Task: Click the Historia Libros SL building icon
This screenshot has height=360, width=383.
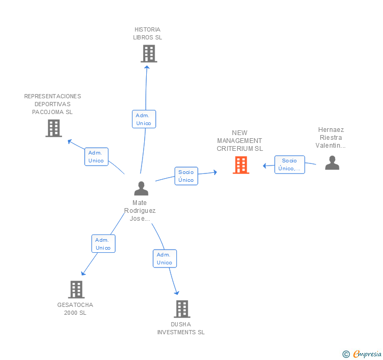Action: tap(149, 54)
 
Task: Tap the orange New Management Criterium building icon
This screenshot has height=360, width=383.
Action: tap(241, 165)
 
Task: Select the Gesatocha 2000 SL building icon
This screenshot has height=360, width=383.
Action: tap(76, 290)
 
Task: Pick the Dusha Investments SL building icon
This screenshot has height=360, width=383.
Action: tap(182, 309)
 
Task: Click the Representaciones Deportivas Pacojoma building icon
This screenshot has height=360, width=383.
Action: tap(54, 128)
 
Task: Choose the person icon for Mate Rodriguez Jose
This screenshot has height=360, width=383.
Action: tap(141, 188)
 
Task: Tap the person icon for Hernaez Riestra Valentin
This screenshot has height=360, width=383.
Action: tap(332, 163)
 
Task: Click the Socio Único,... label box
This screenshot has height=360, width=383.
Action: tap(289, 164)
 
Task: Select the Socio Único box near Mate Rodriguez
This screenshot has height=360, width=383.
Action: tap(186, 176)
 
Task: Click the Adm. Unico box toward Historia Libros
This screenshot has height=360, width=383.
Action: tap(144, 119)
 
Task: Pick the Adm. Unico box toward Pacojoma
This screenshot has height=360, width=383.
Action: tap(96, 157)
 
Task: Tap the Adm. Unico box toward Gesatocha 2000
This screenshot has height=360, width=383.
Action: tap(103, 243)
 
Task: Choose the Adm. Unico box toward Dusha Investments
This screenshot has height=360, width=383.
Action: tap(165, 259)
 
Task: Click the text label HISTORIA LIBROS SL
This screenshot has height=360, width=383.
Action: tap(147, 34)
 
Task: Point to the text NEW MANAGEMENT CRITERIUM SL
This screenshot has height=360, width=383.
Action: tap(239, 141)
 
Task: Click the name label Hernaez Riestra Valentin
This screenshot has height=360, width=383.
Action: tap(331, 138)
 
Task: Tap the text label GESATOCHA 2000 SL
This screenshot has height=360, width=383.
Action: tap(75, 309)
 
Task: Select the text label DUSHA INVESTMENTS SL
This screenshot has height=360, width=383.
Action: tap(181, 328)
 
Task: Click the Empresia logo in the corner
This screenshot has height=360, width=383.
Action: tap(362, 354)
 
